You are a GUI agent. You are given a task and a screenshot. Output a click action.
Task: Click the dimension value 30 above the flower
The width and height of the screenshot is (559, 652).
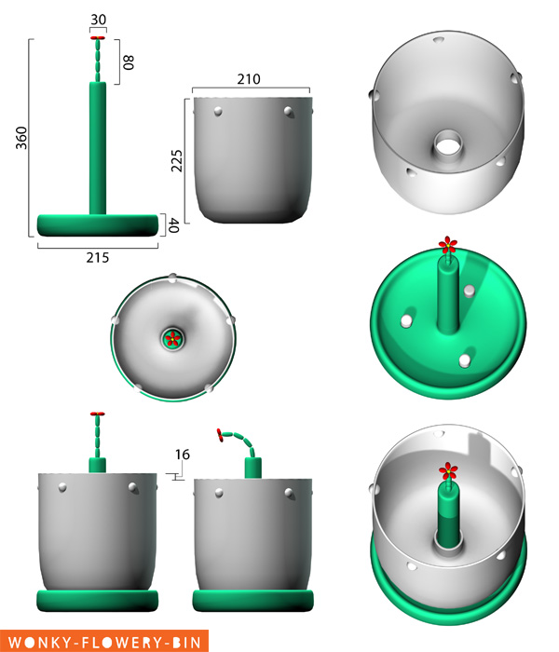point(98,19)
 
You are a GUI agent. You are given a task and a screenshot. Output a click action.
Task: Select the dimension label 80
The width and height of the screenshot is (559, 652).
point(129,62)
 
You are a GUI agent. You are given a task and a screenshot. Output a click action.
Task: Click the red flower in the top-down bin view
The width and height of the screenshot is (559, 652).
point(172,339)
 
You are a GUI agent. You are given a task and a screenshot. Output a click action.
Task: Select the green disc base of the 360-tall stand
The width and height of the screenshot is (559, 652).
point(97,224)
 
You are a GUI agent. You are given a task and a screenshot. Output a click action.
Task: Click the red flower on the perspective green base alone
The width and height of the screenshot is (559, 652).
point(449,246)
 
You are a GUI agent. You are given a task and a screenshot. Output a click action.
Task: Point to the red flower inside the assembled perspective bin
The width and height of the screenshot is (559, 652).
point(449,471)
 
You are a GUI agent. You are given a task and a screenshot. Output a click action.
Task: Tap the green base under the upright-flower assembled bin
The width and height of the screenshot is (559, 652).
point(97,598)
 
